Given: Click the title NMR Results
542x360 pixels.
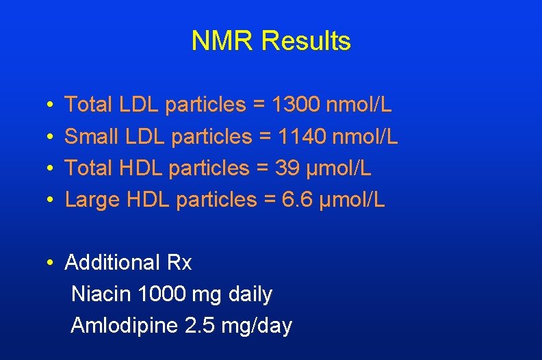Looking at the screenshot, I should tap(271, 41).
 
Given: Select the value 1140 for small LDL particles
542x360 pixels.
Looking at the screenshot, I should tap(301, 137).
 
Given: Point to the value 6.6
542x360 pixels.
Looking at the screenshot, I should tap(298, 200).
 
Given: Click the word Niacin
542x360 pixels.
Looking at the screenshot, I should tap(101, 294).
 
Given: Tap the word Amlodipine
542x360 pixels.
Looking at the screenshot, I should tap(125, 326).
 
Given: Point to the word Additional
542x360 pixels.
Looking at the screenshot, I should tap(112, 263).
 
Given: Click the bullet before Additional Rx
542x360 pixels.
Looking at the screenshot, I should tap(51, 263).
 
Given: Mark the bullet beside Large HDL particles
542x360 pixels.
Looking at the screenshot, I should tap(51, 201).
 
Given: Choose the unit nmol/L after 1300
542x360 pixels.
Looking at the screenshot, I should tap(360, 105).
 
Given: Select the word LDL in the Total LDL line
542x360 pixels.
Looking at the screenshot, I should tap(139, 105).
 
